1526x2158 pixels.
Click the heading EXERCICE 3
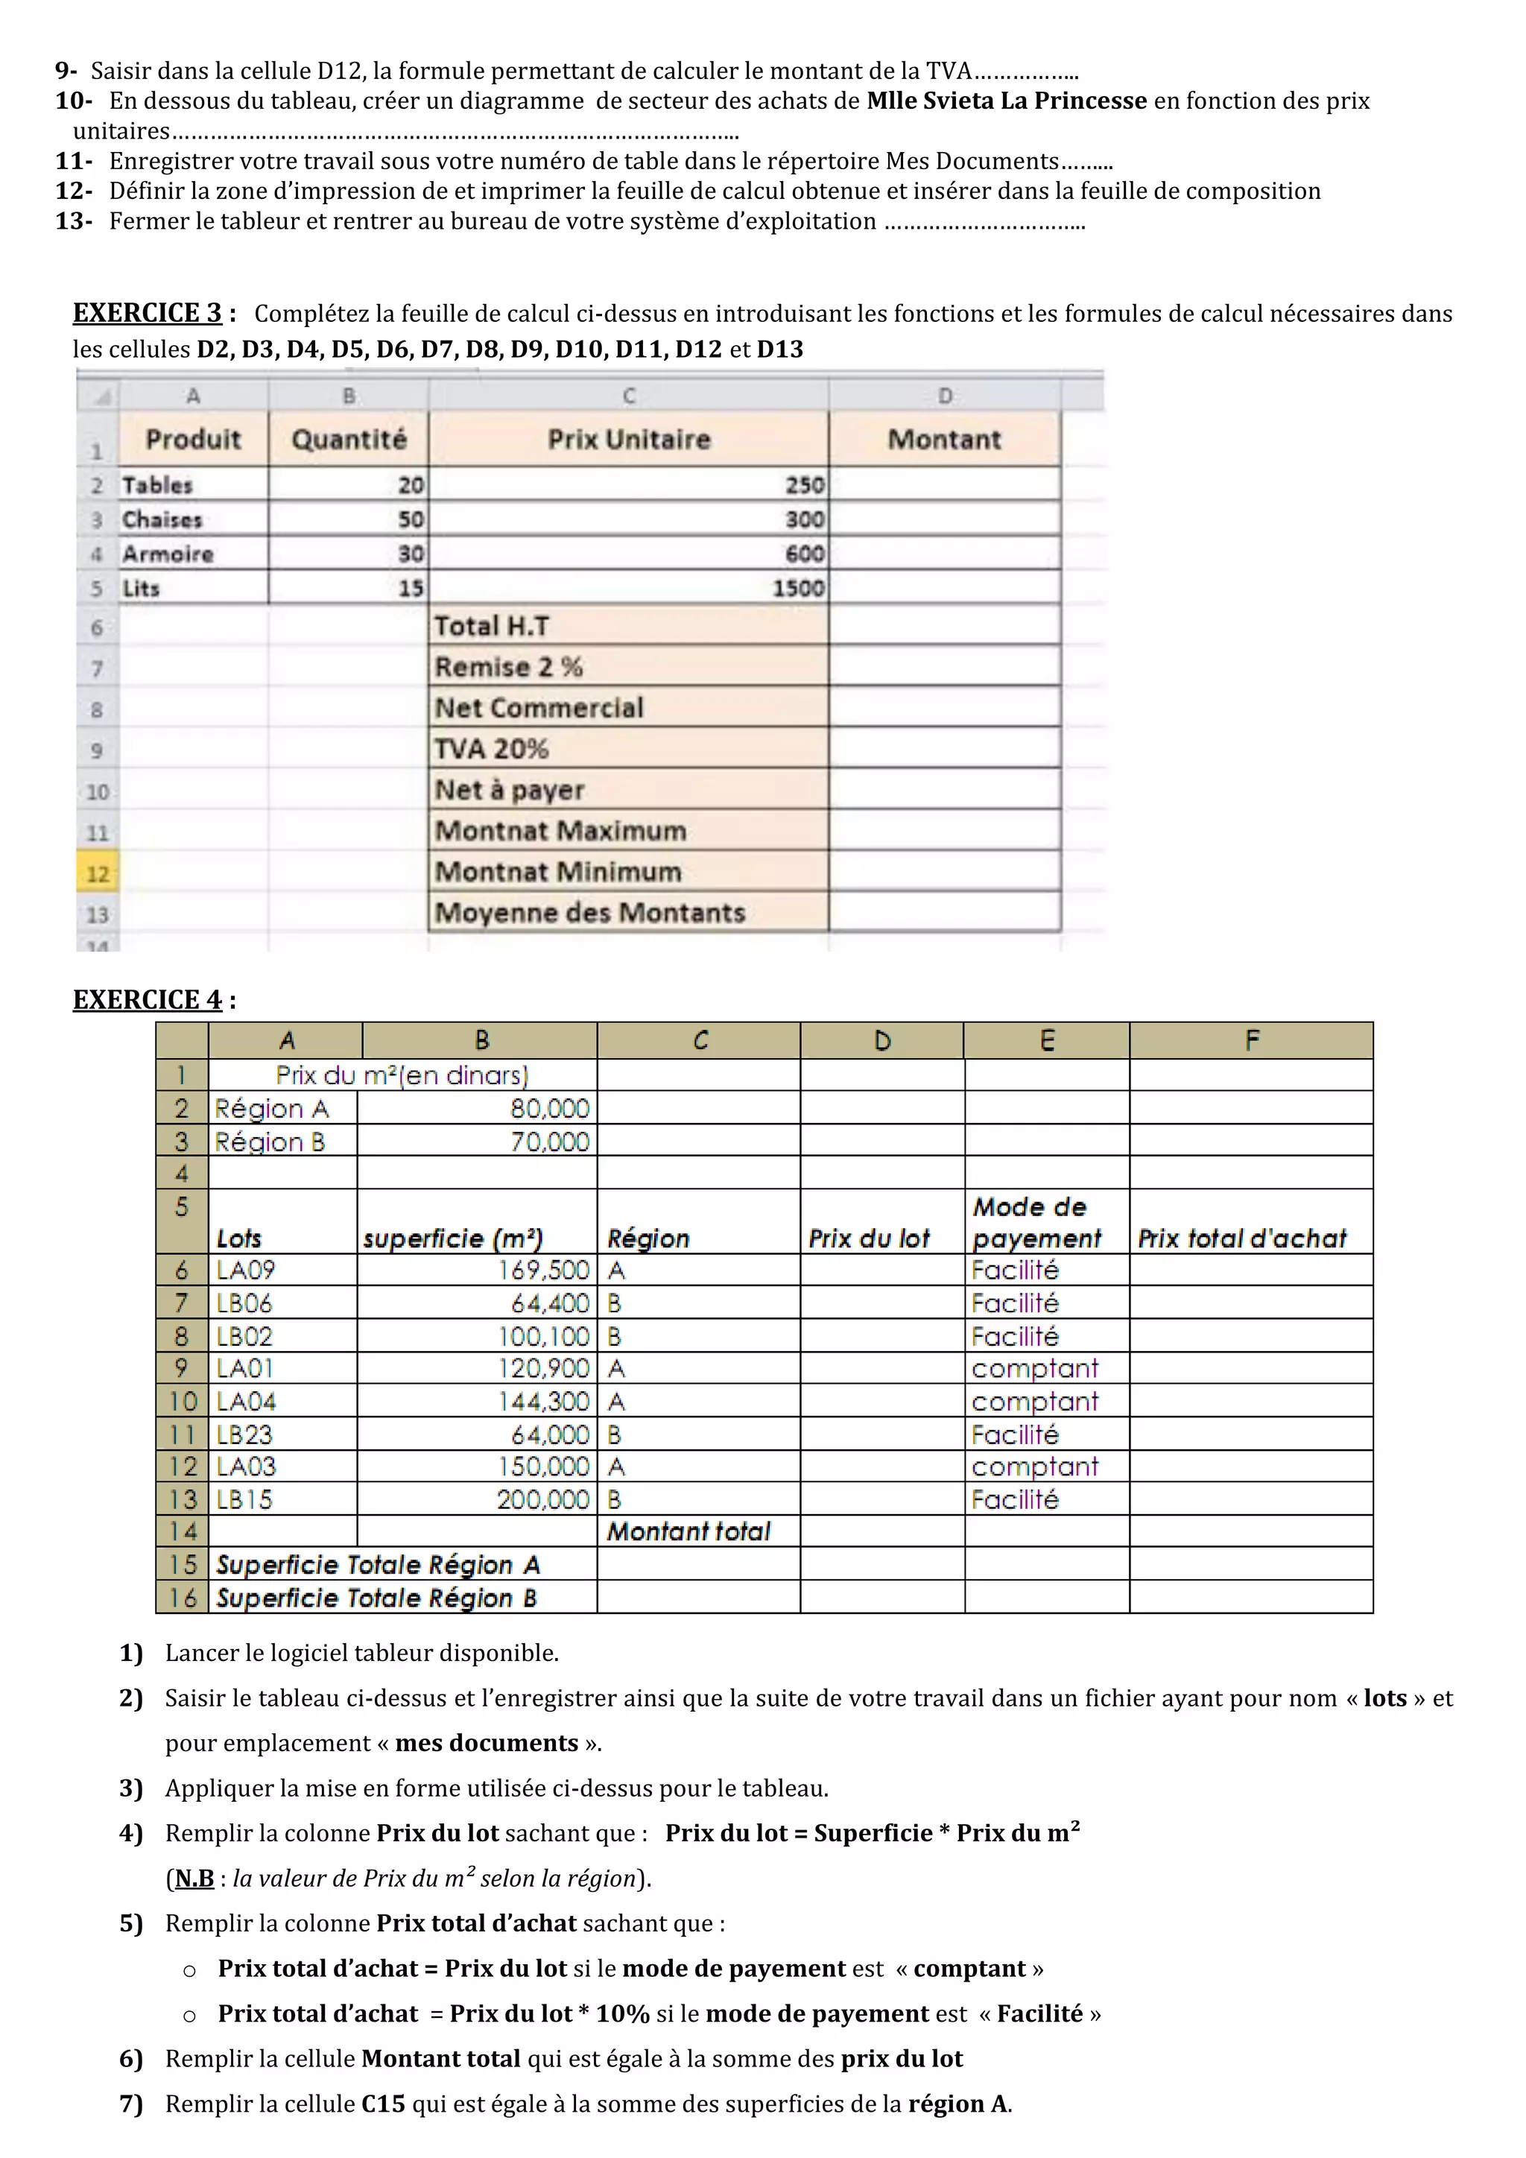tap(148, 313)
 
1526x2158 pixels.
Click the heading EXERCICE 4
tap(148, 999)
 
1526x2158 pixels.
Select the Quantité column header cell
tap(349, 439)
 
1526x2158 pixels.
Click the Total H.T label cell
tap(627, 626)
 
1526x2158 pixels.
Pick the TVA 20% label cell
tap(627, 749)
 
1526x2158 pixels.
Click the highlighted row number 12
tap(98, 874)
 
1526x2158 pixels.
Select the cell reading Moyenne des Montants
tap(627, 913)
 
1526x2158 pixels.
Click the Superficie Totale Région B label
tap(376, 1598)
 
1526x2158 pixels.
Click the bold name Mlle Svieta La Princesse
tap(1007, 101)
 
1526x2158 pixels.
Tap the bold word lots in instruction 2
tap(1385, 1698)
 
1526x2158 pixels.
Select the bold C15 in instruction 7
tap(384, 2104)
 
